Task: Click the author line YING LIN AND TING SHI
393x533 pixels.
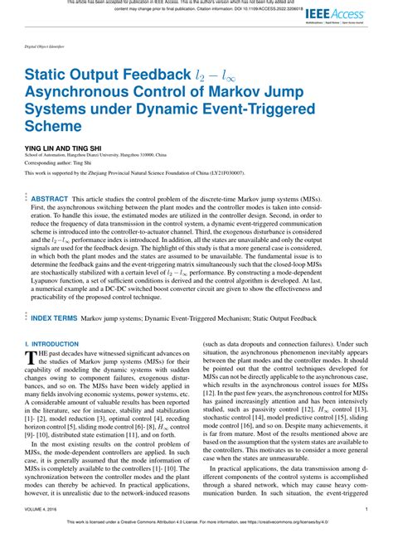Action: (x=56, y=146)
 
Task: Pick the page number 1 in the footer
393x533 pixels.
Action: (x=366, y=509)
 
